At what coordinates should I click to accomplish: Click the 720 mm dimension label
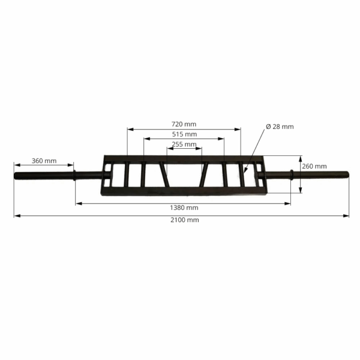184,124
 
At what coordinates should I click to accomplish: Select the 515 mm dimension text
184,134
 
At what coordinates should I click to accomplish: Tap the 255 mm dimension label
184,144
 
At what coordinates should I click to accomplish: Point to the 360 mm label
44,161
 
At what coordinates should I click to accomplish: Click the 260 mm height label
314,166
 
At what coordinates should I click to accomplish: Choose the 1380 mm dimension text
184,208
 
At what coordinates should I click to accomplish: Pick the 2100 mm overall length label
185,220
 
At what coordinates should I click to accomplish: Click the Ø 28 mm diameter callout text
280,127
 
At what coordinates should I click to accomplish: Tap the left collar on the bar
74,175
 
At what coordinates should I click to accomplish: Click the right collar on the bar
292,175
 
